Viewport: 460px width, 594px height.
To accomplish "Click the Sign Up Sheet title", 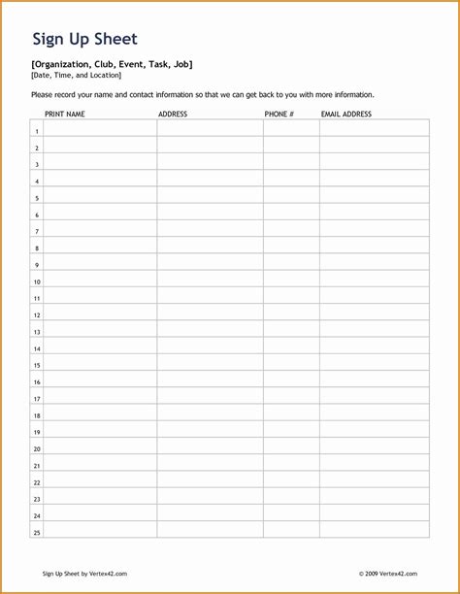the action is [x=84, y=40].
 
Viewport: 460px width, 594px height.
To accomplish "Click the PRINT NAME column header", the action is [x=65, y=114].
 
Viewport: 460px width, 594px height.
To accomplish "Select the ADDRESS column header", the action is [x=173, y=114].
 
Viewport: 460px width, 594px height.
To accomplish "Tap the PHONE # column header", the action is [x=279, y=114].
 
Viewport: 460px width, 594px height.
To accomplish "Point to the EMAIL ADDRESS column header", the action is [x=346, y=114].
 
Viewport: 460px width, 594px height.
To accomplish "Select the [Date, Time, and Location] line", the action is [x=76, y=75].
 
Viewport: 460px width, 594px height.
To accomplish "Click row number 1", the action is [x=37, y=131].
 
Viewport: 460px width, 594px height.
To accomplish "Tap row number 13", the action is [x=37, y=332].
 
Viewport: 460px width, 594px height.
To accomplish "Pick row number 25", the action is [x=37, y=532].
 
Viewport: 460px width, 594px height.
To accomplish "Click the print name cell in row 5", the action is [x=100, y=197].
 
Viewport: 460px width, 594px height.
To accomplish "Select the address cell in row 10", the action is [x=210, y=280].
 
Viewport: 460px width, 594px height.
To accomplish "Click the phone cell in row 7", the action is [x=291, y=231].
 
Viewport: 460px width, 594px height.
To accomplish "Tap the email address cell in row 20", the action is [x=374, y=448].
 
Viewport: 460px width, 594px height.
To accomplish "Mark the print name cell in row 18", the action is [x=100, y=415].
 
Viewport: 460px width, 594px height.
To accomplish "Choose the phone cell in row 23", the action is [x=291, y=499].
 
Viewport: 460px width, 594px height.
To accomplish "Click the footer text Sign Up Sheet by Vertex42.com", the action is [x=84, y=574].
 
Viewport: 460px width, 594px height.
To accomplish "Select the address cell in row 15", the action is [x=210, y=365].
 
